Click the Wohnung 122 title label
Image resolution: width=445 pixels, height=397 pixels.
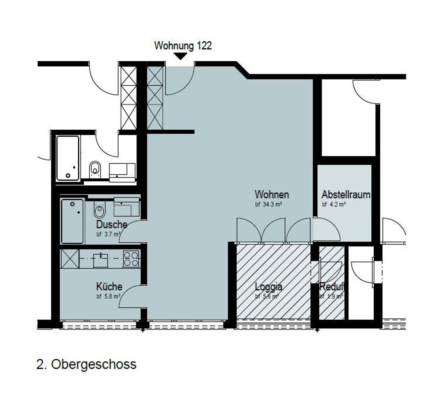click(183, 46)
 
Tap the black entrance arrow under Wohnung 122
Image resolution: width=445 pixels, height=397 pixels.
click(180, 56)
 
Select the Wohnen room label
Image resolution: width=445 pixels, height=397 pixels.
click(272, 195)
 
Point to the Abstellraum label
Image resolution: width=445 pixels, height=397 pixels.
click(345, 195)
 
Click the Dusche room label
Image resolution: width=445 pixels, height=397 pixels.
click(112, 224)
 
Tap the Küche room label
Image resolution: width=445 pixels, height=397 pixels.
click(109, 287)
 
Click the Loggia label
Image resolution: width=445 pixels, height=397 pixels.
click(268, 287)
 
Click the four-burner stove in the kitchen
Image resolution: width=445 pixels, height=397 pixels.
click(131, 259)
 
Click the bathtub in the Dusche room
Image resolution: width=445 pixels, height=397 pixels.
click(72, 221)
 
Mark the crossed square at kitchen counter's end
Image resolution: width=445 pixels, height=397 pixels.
click(70, 259)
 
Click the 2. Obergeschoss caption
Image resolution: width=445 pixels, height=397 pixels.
click(86, 364)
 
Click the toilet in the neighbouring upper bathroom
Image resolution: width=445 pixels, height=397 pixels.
click(95, 169)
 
